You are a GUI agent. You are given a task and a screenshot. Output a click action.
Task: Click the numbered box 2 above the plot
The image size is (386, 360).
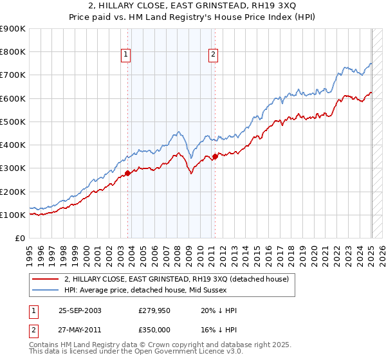point(212,55)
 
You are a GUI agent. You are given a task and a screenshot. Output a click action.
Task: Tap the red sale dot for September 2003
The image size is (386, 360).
point(128,173)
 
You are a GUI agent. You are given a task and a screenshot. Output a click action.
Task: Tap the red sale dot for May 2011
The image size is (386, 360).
point(215,156)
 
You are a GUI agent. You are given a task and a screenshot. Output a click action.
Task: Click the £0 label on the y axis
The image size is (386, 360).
point(19,238)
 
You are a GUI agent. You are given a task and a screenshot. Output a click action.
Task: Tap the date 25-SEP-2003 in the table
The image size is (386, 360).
point(80,310)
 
